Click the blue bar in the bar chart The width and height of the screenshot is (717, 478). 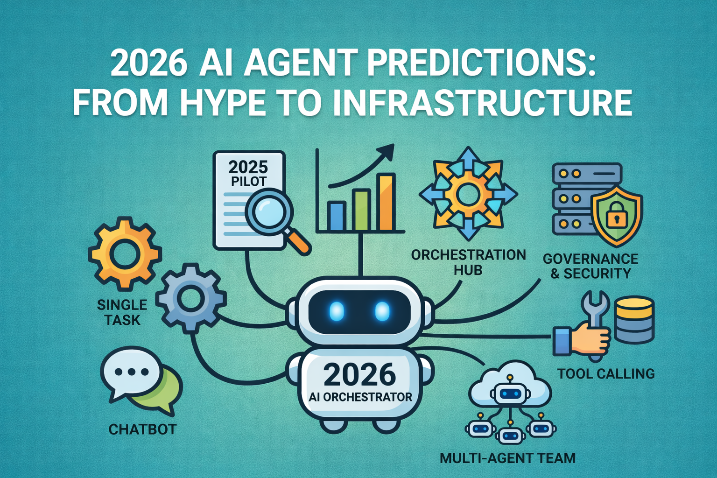pos(336,216)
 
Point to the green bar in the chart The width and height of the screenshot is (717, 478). pos(362,210)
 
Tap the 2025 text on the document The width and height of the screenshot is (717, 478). pos(248,167)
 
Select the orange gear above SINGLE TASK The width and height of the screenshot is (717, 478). pos(125,254)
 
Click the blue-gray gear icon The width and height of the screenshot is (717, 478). pos(190,298)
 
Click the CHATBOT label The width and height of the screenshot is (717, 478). pos(142,429)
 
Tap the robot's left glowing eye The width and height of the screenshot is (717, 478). pos(337,311)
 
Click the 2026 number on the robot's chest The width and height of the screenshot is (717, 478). pos(359,375)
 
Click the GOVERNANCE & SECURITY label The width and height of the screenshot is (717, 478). pos(590,266)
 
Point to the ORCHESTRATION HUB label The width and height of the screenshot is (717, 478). pos(468,262)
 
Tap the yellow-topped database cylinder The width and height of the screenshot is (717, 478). pos(633,320)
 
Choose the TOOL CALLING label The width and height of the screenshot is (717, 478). pos(606,373)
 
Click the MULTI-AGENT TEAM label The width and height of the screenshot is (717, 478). pos(507,458)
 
